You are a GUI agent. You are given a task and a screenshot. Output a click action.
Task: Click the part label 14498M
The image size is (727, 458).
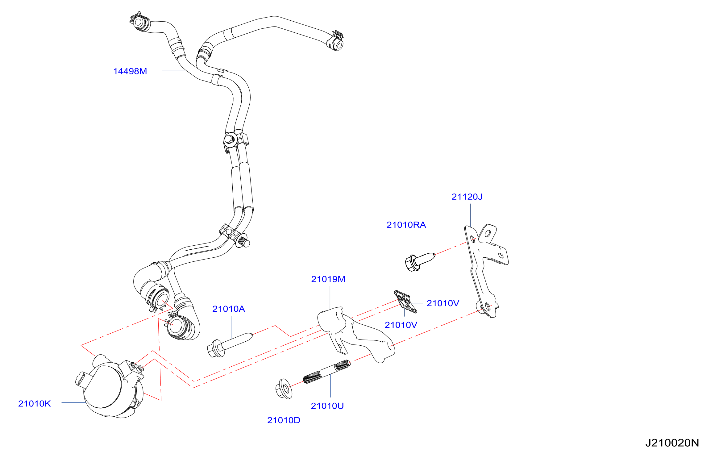[x=130, y=71]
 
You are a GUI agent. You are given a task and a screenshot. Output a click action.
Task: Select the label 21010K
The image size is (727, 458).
[x=34, y=404]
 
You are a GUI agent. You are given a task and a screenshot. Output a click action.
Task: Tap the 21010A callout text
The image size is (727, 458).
[x=228, y=309]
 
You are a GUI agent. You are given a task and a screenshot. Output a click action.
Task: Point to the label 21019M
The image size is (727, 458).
[x=328, y=279]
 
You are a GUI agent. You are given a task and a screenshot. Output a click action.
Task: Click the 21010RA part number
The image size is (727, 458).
[x=406, y=225]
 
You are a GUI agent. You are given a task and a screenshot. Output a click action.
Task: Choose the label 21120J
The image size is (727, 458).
[x=467, y=197]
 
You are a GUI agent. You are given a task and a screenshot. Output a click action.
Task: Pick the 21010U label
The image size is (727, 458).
[x=327, y=406]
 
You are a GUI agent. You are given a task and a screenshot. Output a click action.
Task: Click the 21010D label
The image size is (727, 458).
[x=284, y=420]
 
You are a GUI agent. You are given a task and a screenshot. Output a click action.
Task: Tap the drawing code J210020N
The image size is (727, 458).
[x=672, y=443]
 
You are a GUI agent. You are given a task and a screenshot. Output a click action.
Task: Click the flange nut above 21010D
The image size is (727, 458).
[x=284, y=389]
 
